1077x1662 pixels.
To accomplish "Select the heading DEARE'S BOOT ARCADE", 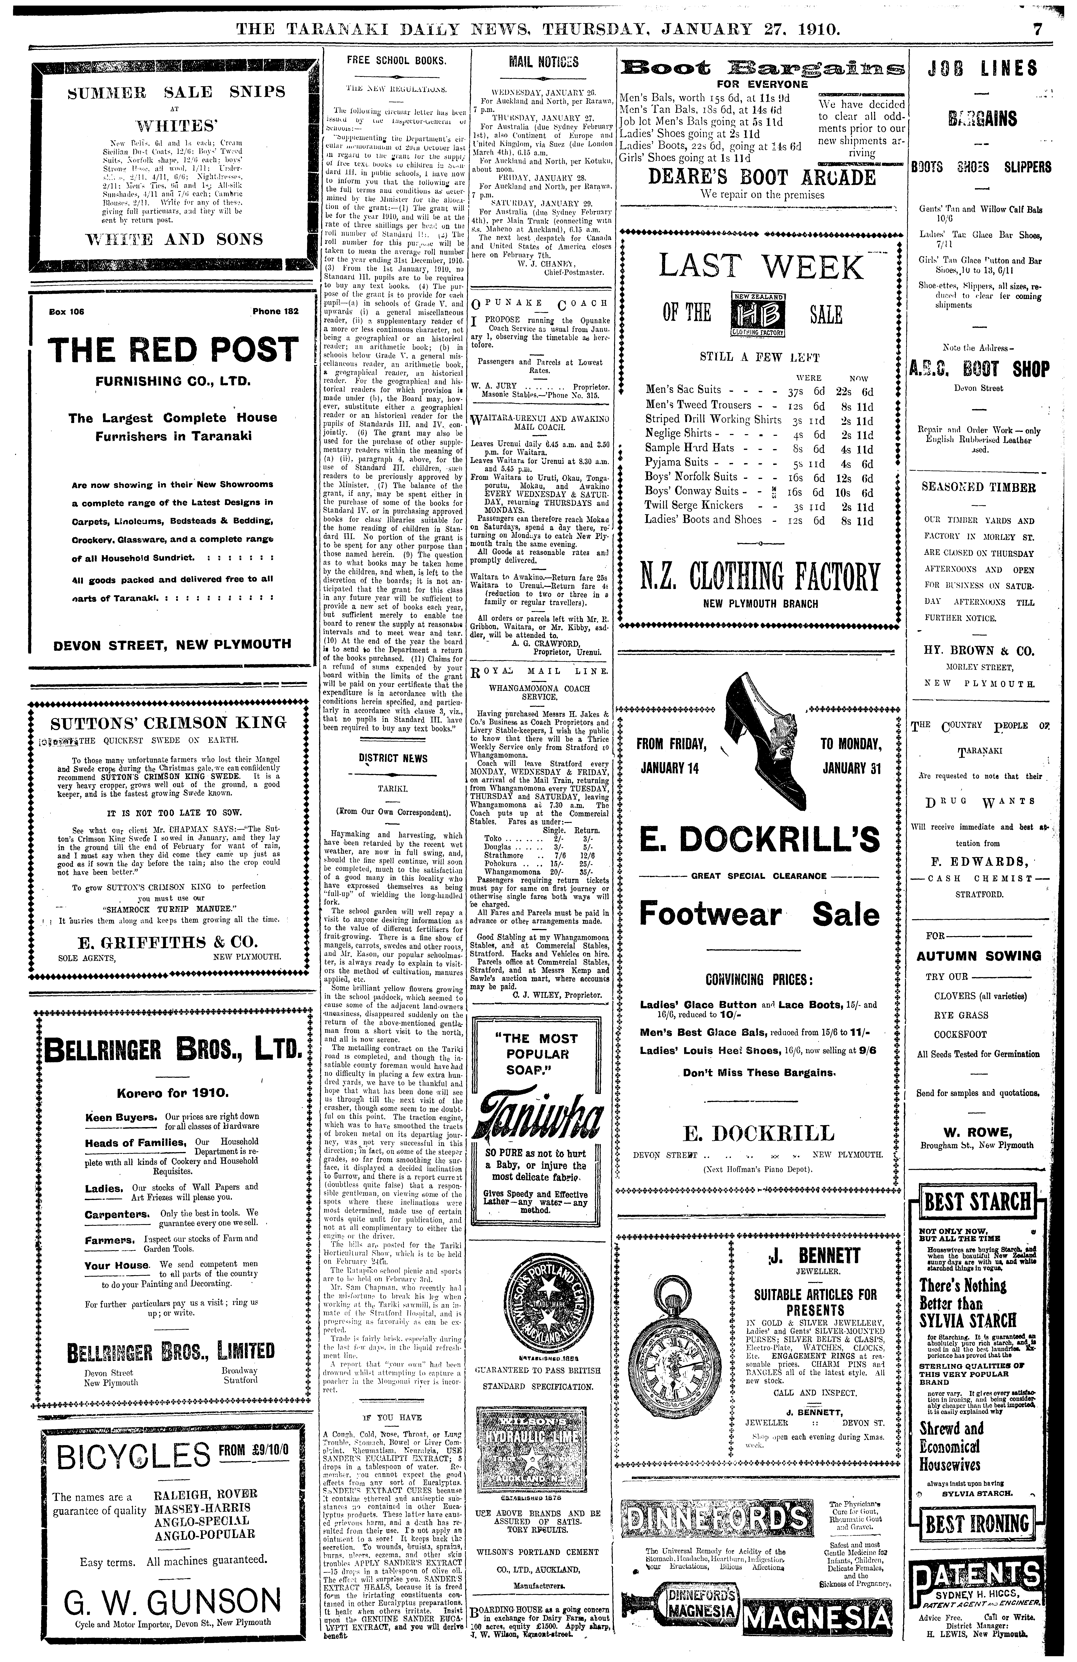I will pos(762,177).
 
